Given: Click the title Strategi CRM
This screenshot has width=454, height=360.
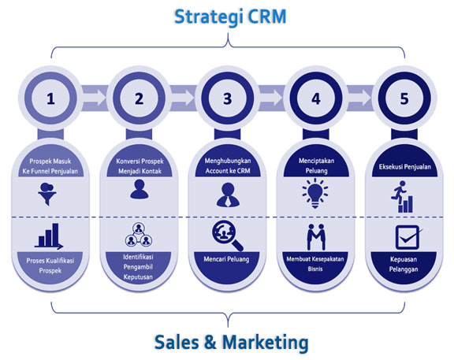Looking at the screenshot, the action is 230,17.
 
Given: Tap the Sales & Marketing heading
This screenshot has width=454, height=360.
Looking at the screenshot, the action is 231,342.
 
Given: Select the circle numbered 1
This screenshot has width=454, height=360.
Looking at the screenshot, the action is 50,98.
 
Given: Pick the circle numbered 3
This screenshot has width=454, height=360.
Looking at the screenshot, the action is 228,98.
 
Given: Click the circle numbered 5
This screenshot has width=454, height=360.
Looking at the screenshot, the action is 404,98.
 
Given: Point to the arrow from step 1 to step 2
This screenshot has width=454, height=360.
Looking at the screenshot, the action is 95,98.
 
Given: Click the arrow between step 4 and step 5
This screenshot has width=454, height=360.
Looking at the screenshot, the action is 359,98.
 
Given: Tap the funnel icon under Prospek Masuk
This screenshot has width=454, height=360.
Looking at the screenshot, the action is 47,194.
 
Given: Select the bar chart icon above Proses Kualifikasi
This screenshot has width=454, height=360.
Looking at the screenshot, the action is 49,236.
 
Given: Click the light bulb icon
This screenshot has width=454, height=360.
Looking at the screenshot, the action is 315,193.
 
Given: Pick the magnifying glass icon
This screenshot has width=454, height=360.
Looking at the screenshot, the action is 228,236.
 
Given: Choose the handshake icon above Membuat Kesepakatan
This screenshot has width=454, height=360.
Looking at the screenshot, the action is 316,237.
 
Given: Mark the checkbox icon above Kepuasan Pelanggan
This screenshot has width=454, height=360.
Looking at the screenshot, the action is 408,237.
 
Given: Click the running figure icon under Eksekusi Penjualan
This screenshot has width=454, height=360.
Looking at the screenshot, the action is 402,197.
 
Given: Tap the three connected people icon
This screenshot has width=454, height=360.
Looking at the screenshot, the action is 139,235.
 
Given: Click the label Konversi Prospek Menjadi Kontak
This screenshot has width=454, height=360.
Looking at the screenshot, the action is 140,166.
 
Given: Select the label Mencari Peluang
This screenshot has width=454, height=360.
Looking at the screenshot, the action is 226,259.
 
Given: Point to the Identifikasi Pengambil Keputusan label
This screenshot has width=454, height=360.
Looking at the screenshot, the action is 138,267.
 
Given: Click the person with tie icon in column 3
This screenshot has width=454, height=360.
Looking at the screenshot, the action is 228,195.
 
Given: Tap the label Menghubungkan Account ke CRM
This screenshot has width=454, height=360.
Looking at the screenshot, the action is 228,165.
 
